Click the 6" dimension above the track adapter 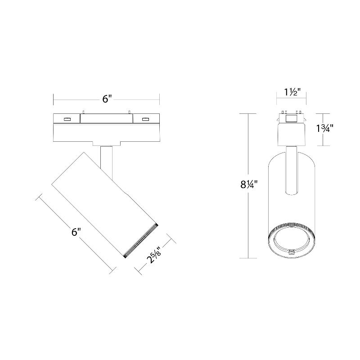pos(107,99)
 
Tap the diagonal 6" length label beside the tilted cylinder pos(76,232)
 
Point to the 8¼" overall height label pos(249,184)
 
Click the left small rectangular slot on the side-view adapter pos(67,119)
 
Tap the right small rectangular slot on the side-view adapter pos(145,119)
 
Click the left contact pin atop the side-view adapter pos(83,112)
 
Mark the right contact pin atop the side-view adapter pos(130,112)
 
